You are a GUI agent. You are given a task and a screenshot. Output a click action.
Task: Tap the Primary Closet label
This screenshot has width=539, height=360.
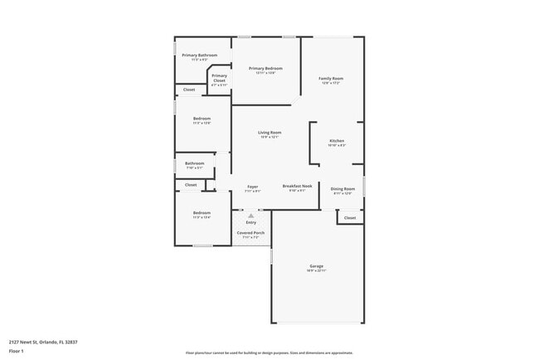[219, 78]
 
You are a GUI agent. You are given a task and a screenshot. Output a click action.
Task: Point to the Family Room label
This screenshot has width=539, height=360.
[331, 79]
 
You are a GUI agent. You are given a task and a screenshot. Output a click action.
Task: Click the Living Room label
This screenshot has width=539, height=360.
[269, 133]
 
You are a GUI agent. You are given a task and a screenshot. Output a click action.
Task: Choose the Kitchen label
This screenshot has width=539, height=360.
[337, 142]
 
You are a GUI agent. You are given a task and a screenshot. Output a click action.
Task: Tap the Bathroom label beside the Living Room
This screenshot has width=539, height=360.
[194, 163]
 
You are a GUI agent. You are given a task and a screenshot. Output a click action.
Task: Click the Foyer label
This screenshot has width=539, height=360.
[253, 187]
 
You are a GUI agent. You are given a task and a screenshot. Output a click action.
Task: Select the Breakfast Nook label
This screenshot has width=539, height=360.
[297, 187]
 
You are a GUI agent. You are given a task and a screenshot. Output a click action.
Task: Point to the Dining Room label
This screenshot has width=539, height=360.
[342, 189]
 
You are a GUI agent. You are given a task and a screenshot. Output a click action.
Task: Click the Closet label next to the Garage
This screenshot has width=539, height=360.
[350, 218]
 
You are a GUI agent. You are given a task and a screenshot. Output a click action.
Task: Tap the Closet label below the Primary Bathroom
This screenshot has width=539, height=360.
[189, 90]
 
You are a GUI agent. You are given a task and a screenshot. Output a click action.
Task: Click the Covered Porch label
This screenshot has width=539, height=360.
[250, 233]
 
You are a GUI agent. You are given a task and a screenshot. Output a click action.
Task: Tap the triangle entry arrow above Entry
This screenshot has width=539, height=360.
[251, 215]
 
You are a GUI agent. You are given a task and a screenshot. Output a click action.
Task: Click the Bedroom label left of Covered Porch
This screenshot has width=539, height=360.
[202, 213]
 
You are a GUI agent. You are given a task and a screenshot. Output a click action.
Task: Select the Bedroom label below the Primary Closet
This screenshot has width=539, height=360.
[202, 119]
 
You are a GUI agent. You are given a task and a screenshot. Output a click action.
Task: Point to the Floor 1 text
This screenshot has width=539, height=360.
[17, 351]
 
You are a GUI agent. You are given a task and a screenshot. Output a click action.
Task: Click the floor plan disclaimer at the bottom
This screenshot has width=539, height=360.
[269, 353]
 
